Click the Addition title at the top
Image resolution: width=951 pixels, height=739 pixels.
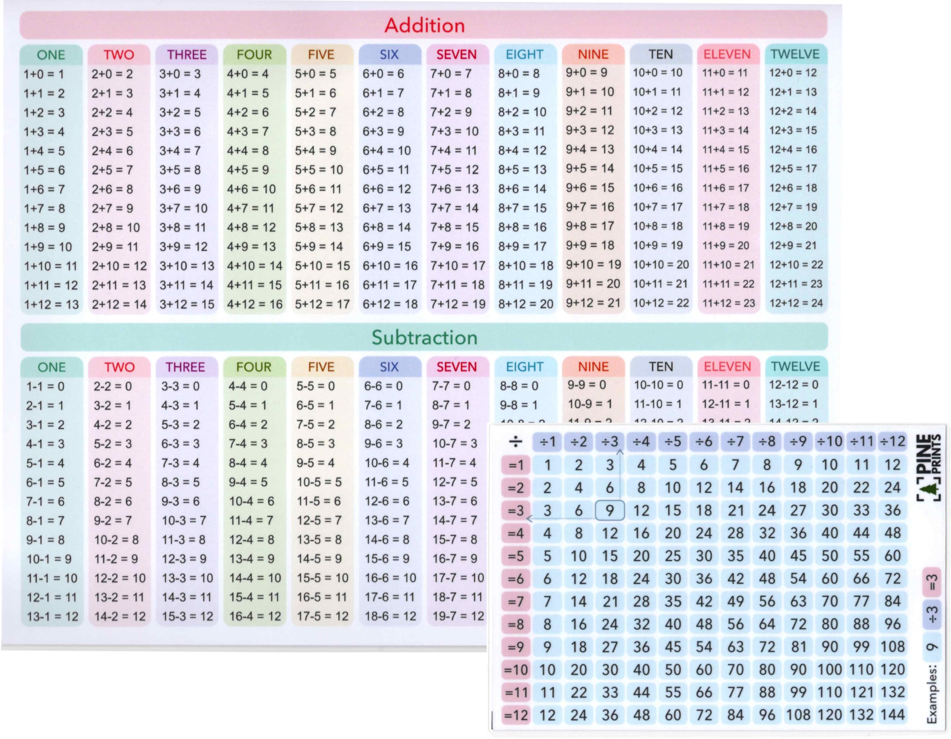pos(425,25)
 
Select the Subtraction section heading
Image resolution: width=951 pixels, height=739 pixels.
pos(424,337)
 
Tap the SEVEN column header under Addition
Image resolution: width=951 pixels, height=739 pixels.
pos(456,55)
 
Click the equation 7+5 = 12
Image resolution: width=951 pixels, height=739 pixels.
pos(454,170)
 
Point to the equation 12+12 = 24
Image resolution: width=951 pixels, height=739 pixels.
pos(796,303)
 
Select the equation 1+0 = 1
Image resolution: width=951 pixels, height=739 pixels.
pos(43,74)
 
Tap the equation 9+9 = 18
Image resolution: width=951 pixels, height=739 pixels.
pos(590,245)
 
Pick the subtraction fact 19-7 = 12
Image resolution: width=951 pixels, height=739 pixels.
pos(458,616)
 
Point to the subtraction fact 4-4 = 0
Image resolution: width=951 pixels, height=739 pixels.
pos(248,386)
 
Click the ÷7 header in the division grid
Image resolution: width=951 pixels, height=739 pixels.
pos(736,441)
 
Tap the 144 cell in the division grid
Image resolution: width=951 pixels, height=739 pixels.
pos(892,714)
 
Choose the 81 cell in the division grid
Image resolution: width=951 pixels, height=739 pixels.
pos(798,647)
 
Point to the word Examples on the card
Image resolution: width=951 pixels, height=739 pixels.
pos(931,694)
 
